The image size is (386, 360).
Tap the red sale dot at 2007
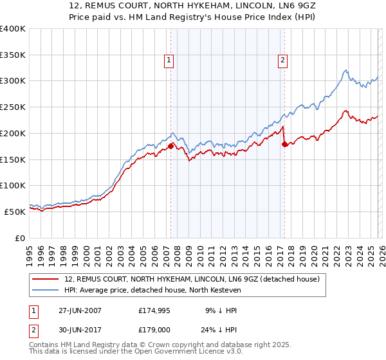(170, 146)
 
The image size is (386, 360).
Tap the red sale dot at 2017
(284, 144)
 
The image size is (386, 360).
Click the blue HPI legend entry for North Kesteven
(152, 291)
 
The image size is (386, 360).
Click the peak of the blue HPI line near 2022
(345, 70)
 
